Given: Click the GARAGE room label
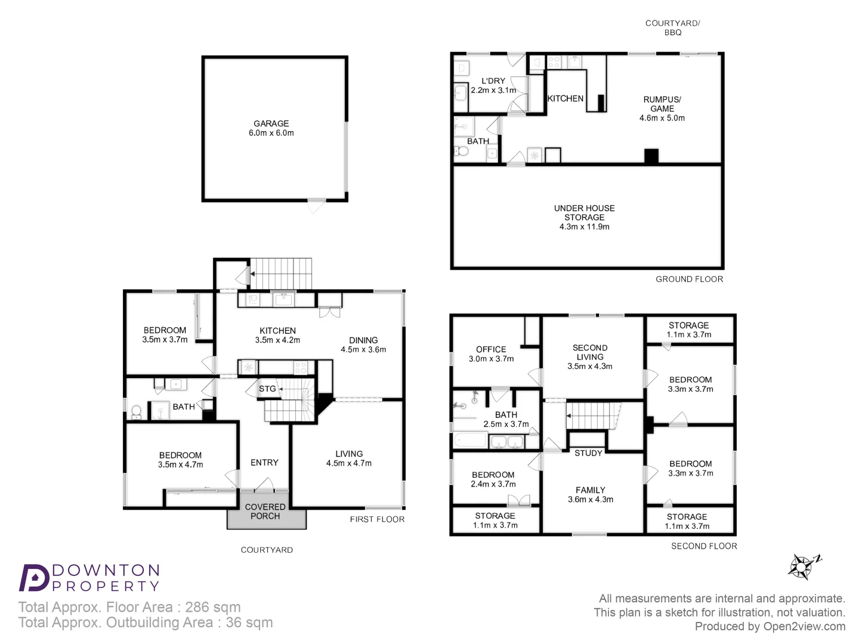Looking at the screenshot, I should pos(271,123).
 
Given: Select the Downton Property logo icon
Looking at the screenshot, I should pos(33,577).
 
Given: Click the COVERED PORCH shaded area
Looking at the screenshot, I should pos(266,512).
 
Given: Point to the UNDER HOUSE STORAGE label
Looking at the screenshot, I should pos(584,213).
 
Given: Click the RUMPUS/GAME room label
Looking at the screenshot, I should pos(662,104).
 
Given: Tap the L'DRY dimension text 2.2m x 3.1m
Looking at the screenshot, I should pos(493,91).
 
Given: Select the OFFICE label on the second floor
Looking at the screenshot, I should pos(491,349).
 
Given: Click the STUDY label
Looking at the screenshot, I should pos(588,453).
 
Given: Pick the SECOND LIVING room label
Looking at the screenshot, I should pos(590,352).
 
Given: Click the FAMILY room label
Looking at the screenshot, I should pos(591,490).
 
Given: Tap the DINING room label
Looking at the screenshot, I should pos(363,340).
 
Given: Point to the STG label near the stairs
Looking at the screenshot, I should pos(267,389).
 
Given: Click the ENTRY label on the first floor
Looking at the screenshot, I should pos(264,463).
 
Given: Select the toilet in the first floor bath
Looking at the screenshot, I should pos(136,411).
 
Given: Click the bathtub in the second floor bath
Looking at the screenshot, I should pos(471,441).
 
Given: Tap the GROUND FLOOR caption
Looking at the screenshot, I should pos(689,279).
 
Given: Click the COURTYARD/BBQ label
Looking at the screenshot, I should pos(672,27).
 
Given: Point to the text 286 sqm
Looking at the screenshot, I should pos(213,607).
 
